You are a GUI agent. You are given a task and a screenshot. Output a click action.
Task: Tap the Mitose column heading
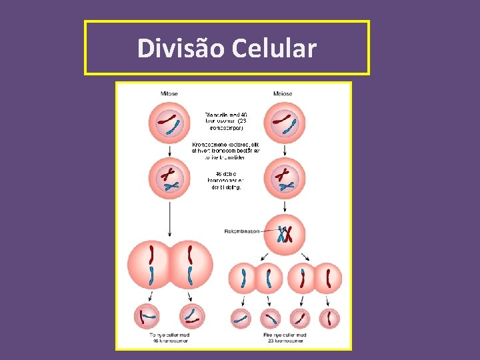pos(169,94)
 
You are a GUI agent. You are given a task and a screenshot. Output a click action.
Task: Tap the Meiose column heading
pos(283,94)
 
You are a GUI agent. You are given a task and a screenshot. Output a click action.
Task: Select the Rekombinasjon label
pos(243,231)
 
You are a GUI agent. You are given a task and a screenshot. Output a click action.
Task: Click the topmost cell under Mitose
pos(169,123)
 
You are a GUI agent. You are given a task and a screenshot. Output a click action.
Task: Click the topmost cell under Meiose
pos(283,123)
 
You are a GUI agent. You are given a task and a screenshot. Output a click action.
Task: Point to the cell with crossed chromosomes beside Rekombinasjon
pos(285,234)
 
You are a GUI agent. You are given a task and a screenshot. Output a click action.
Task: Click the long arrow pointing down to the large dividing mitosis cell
pos(169,220)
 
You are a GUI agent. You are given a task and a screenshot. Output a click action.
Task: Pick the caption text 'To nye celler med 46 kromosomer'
pos(169,337)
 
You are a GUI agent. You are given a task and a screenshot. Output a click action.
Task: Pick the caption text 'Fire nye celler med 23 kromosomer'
pos(283,337)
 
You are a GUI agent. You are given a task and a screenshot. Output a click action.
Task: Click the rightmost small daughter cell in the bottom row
pos(328,318)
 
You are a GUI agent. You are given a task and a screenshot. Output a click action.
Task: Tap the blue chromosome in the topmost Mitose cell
pos(175,126)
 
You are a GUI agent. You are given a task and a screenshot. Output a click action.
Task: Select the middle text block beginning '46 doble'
pos(227,181)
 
